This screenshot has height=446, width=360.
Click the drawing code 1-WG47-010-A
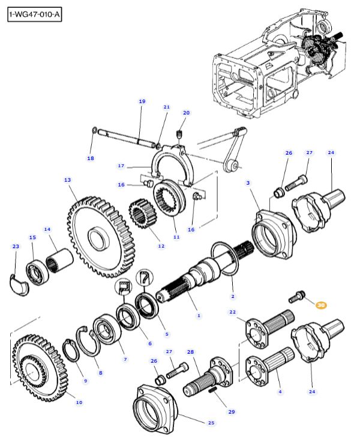click(35, 14)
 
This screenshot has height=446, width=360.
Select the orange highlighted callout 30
click(321, 305)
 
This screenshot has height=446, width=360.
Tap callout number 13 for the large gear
click(67, 180)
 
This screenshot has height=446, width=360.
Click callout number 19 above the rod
click(142, 101)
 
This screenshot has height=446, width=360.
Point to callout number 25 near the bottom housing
click(211, 423)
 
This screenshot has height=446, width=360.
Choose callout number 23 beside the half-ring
click(16, 246)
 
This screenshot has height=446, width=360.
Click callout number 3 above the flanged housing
click(248, 182)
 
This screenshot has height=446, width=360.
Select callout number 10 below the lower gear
click(79, 402)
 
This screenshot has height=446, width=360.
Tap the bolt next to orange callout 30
click(298, 296)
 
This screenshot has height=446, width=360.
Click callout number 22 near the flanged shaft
click(233, 312)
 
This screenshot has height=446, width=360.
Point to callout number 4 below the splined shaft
click(279, 391)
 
